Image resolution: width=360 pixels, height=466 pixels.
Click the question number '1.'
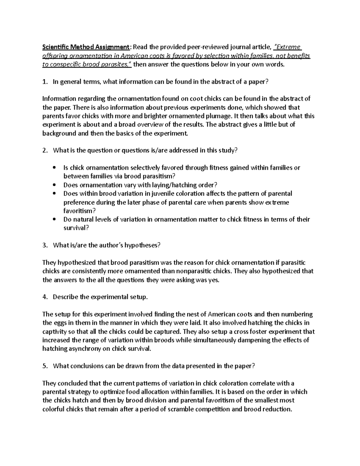pyautogui.click(x=45, y=82)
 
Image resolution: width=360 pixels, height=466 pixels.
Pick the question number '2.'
pyautogui.click(x=45, y=151)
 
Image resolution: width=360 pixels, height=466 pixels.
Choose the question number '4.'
pyautogui.click(x=45, y=297)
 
